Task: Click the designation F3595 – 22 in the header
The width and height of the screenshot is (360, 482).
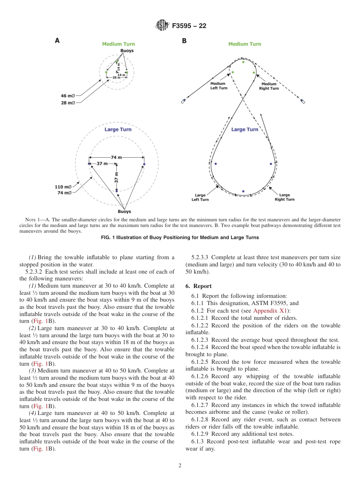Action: (x=189, y=26)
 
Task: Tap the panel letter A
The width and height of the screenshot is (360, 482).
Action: (x=57, y=41)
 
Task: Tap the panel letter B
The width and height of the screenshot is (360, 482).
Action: (x=184, y=41)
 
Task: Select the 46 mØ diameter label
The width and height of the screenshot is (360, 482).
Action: (x=68, y=96)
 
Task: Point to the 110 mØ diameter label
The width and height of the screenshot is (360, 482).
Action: (x=63, y=187)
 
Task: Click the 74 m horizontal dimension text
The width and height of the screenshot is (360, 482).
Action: (x=116, y=157)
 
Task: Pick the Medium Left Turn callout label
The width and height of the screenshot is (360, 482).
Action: (x=219, y=86)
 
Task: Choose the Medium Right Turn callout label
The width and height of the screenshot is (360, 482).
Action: (x=269, y=86)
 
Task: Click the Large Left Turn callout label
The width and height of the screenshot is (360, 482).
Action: (x=200, y=197)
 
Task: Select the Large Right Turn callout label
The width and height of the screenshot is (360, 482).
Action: (x=284, y=197)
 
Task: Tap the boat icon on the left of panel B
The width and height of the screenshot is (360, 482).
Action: (x=183, y=101)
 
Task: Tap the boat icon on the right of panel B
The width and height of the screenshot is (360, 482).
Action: (x=303, y=101)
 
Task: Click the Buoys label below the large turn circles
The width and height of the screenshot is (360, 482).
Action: (x=124, y=211)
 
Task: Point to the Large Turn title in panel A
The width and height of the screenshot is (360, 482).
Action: (x=118, y=130)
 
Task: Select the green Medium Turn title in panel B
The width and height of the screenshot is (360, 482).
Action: (x=244, y=44)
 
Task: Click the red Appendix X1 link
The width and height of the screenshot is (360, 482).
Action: (x=271, y=311)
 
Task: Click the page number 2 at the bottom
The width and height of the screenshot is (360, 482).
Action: (x=180, y=466)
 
